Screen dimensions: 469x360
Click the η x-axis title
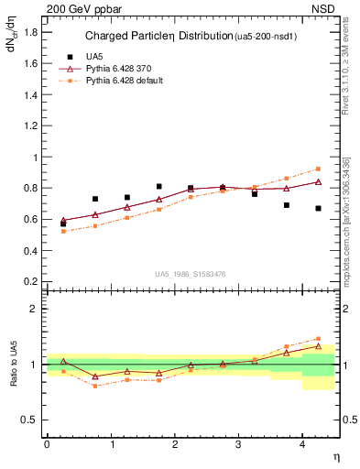click(x=335, y=456)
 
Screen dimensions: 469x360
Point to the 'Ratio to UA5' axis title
click(x=14, y=364)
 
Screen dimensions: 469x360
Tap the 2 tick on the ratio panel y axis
click(x=35, y=309)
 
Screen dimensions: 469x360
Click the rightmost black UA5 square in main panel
click(x=318, y=208)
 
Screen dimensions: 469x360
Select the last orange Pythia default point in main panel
click(x=318, y=169)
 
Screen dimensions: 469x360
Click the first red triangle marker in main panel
click(x=63, y=220)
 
